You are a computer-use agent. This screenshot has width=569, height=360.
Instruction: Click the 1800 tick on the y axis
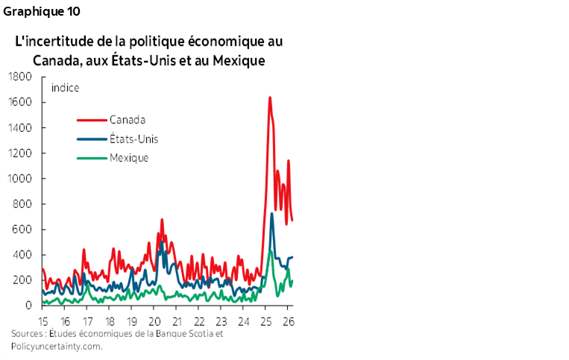(x=21, y=77)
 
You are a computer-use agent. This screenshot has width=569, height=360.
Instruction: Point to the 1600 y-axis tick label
(x=21, y=102)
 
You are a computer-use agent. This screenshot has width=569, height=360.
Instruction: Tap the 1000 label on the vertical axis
(x=21, y=179)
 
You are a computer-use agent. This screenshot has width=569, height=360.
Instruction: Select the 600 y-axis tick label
(x=23, y=230)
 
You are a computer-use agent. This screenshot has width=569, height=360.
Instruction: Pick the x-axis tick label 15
(x=43, y=321)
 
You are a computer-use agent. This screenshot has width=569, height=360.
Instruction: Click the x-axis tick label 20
(x=155, y=321)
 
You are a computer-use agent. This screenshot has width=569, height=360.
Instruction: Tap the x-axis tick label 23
(x=221, y=321)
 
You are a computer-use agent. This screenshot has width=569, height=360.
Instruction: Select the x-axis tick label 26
(x=288, y=321)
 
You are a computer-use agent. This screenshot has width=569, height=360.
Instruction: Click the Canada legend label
(x=128, y=119)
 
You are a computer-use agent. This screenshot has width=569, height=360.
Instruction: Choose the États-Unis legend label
(x=133, y=139)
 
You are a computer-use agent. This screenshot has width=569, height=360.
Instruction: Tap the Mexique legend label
(x=130, y=157)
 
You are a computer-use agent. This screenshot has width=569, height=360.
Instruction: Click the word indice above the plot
(x=66, y=87)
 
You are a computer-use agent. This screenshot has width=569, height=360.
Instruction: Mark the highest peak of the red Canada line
(x=269, y=97)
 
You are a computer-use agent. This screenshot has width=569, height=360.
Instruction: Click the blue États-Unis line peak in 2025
(x=271, y=214)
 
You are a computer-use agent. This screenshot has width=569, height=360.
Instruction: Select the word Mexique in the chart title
(x=239, y=60)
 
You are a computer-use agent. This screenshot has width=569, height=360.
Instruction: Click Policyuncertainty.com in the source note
(x=57, y=346)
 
